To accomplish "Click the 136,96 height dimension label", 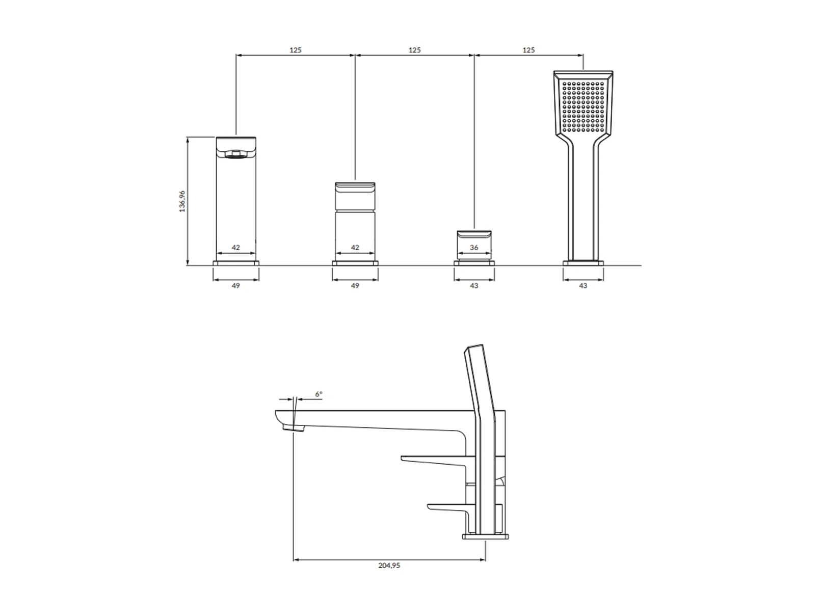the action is pyautogui.click(x=182, y=201).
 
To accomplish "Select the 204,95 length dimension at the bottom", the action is pyautogui.click(x=389, y=566).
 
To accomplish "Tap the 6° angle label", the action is pyautogui.click(x=319, y=394).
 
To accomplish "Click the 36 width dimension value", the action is pyautogui.click(x=474, y=248).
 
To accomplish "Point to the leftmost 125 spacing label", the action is pyautogui.click(x=296, y=50).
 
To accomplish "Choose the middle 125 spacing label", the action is pyautogui.click(x=414, y=50).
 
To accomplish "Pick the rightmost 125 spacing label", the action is pyautogui.click(x=529, y=50).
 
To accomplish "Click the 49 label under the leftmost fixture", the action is pyautogui.click(x=235, y=285).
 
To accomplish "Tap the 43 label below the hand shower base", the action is pyautogui.click(x=583, y=285).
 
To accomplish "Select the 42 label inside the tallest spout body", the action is pyautogui.click(x=235, y=248).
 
